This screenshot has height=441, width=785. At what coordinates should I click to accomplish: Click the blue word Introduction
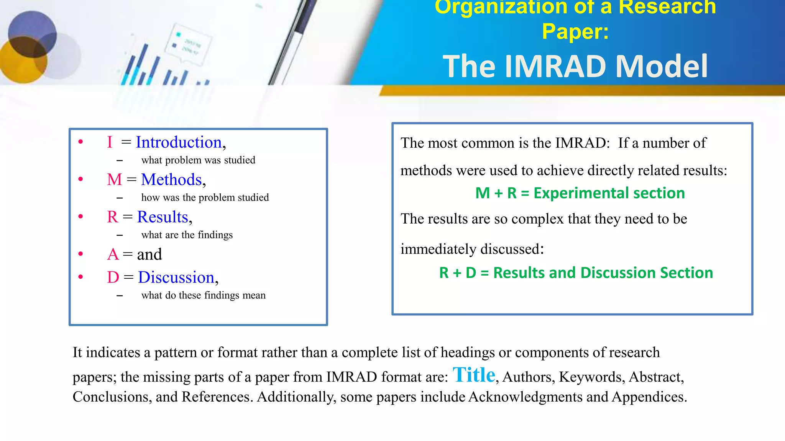point(179,142)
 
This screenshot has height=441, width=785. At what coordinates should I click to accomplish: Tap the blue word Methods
point(171,180)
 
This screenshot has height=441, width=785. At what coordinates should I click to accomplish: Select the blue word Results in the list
point(163,217)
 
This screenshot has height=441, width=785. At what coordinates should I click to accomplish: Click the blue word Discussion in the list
point(176,277)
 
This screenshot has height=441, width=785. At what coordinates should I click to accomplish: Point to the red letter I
point(110,142)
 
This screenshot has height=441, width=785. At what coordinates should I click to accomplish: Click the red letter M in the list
point(114,180)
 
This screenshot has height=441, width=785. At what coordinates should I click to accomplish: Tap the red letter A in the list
point(113,255)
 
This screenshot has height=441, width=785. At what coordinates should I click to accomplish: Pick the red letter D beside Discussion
point(113,277)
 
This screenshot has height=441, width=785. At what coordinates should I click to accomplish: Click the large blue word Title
point(474,375)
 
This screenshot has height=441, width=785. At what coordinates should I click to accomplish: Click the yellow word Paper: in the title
point(575,31)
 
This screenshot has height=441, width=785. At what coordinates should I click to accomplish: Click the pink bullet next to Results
point(80,217)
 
